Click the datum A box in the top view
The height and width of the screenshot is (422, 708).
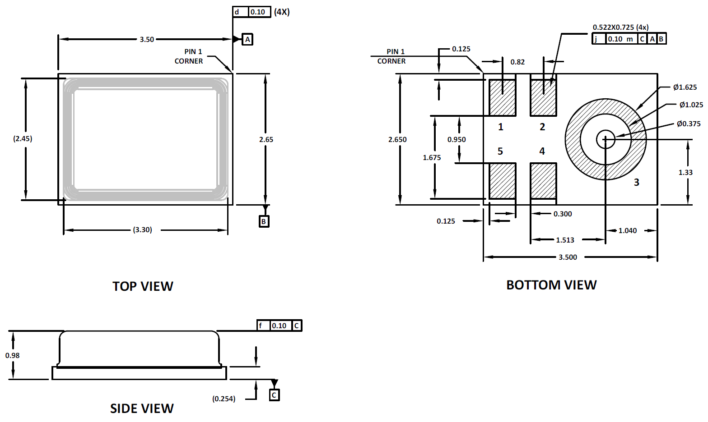(247, 40)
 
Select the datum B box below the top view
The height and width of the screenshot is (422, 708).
(264, 221)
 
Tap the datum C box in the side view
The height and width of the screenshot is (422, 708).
(274, 395)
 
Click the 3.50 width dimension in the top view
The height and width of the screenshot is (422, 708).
(147, 40)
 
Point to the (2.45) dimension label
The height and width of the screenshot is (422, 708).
(23, 138)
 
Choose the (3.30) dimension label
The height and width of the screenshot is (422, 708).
(142, 230)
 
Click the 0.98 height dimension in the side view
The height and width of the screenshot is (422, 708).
(12, 355)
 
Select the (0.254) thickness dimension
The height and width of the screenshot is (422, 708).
(224, 399)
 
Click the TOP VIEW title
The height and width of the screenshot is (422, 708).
(143, 286)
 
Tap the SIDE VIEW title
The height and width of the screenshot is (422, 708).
(142, 408)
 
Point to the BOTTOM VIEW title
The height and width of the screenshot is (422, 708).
(552, 285)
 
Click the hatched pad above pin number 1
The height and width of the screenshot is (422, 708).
(503, 97)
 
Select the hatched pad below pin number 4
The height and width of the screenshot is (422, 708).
(543, 181)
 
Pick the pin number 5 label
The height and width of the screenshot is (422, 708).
(500, 151)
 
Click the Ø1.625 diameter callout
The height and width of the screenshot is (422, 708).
(685, 87)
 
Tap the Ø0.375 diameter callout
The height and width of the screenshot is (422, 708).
(689, 124)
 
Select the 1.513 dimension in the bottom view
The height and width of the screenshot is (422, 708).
(565, 240)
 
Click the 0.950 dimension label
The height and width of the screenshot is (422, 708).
(456, 139)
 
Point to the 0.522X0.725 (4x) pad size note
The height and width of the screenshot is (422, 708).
(621, 27)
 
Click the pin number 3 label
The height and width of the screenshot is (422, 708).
(637, 182)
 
